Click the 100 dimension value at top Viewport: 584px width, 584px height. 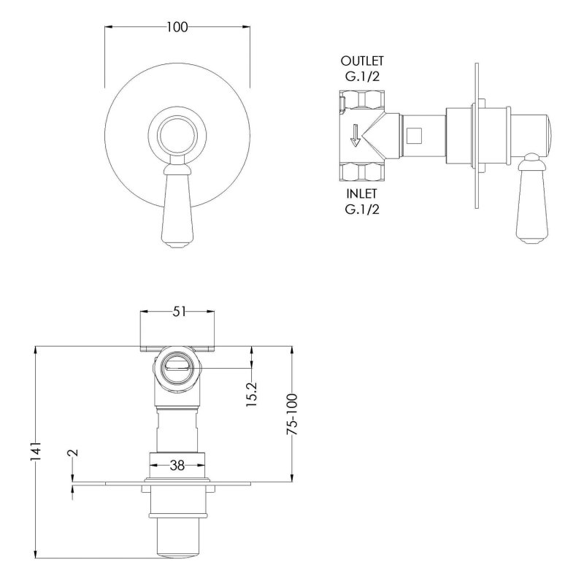click(177, 27)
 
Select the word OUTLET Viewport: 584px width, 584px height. click(362, 61)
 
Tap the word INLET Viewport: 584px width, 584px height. click(361, 193)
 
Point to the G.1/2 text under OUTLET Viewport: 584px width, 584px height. click(362, 77)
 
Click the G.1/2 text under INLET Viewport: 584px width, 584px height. click(362, 210)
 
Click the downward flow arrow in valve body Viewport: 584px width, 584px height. click(356, 135)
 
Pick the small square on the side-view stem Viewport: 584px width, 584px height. click(414, 136)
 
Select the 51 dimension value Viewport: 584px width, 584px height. click(179, 312)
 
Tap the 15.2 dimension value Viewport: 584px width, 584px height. click(252, 394)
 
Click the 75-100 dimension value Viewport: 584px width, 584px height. click(292, 414)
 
